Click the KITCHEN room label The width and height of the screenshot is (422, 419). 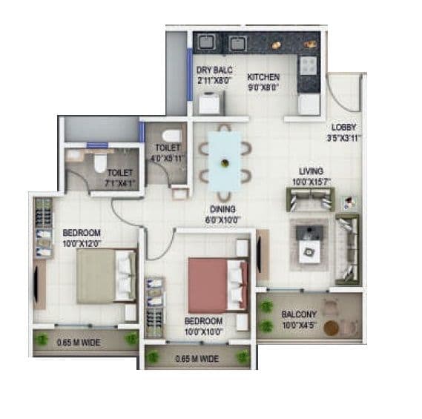(263, 76)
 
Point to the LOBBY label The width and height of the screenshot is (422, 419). (344, 127)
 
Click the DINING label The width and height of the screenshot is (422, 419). (222, 210)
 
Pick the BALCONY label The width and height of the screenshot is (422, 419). (299, 314)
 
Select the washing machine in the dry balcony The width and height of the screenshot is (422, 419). (210, 102)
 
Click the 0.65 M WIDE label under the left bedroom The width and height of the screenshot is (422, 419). (76, 343)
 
